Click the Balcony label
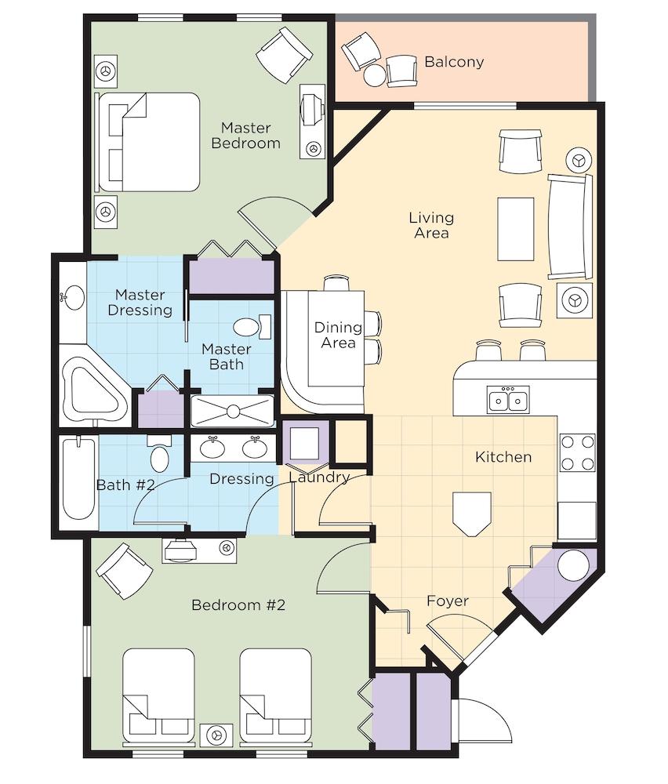coord(454,62)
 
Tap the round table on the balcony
coord(375,75)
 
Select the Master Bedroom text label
coord(245,136)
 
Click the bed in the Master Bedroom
coord(149,142)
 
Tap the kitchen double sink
coord(508,400)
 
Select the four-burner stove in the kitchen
coord(578,452)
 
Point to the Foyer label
coord(448,601)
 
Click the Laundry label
coord(319,477)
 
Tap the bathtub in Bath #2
coord(79,479)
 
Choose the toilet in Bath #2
coord(159,453)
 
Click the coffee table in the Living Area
coord(515,229)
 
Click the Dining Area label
coord(338,335)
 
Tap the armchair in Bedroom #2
coord(124,571)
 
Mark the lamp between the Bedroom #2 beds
coord(216,735)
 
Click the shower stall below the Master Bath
coord(233,411)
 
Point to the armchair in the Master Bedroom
coord(284,55)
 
